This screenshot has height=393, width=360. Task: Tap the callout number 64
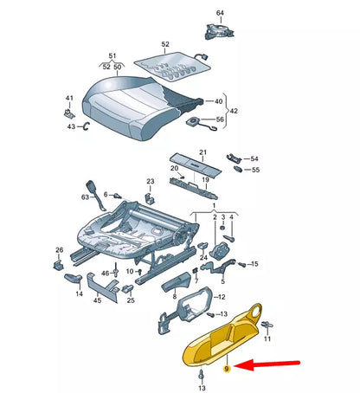coord(219,13)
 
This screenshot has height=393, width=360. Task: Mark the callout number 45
coord(98,300)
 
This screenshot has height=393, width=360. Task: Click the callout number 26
coord(59,251)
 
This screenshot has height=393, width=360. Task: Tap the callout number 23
coord(150,182)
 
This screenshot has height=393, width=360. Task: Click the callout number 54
coord(254,159)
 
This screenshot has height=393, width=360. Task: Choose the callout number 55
coord(254,171)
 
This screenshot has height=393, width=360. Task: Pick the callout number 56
coord(219,119)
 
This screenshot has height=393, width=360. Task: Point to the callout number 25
coord(131,300)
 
